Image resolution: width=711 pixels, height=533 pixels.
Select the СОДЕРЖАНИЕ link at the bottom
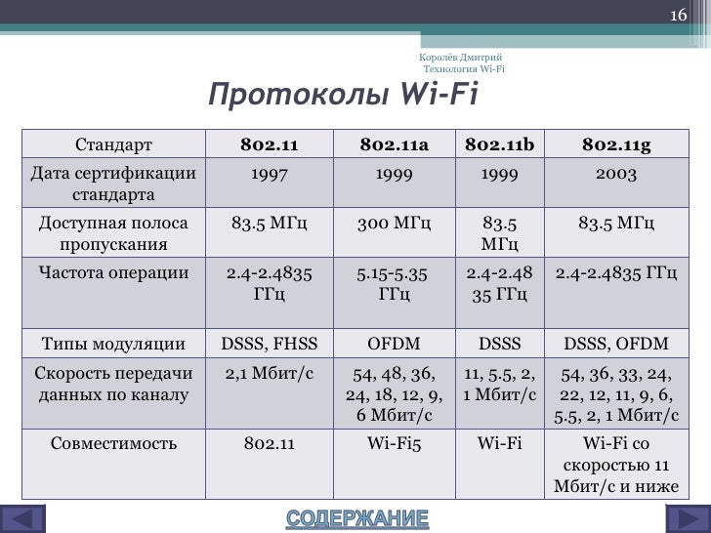(356, 517)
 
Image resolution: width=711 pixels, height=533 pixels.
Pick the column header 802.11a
(394, 146)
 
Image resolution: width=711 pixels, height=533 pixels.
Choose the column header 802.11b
(499, 146)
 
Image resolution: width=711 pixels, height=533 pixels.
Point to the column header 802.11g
(615, 146)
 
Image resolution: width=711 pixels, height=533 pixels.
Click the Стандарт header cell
(114, 146)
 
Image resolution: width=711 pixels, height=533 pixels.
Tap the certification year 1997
(269, 175)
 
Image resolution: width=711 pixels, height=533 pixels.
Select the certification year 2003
(615, 175)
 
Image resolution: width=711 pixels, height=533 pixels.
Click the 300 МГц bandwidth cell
(394, 224)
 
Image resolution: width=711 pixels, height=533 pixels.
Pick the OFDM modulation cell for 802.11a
(394, 343)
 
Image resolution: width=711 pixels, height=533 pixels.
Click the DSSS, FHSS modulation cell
(269, 343)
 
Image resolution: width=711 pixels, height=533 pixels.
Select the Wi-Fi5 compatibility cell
(394, 443)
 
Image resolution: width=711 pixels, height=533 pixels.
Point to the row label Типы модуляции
(114, 343)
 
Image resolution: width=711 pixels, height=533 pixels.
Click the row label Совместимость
(114, 443)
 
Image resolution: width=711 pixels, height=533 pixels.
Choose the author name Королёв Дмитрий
(460, 59)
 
